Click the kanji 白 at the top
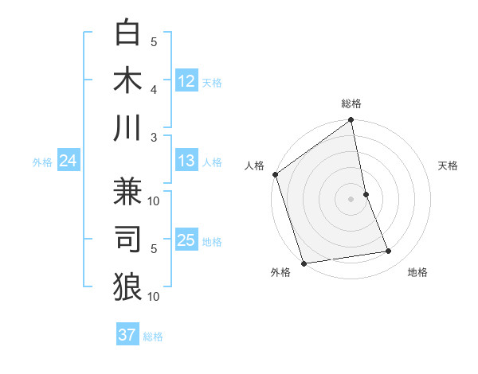pyautogui.click(x=127, y=32)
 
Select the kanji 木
pyautogui.click(x=127, y=80)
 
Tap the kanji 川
pyautogui.click(x=127, y=127)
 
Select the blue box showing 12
pyautogui.click(x=186, y=80)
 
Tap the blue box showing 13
pyautogui.click(x=186, y=162)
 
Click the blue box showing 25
pyautogui.click(x=186, y=240)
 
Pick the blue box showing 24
pyautogui.click(x=68, y=162)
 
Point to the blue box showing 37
pyautogui.click(x=127, y=335)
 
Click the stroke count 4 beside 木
pyautogui.click(x=154, y=89)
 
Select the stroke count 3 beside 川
pyautogui.click(x=154, y=137)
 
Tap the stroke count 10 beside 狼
pyautogui.click(x=154, y=296)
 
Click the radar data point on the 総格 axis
pyautogui.click(x=351, y=121)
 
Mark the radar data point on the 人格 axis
pyautogui.click(x=275, y=174)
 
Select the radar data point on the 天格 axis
pyautogui.click(x=366, y=194)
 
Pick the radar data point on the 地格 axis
pyautogui.click(x=389, y=251)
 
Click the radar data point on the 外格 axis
pyautogui.click(x=304, y=263)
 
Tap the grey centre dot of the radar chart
pyautogui.click(x=351, y=199)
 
